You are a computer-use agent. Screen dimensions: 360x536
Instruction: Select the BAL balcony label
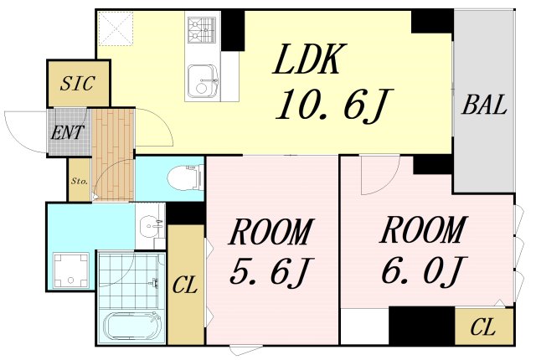pos(484,105)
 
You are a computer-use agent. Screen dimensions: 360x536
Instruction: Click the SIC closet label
pos(78,84)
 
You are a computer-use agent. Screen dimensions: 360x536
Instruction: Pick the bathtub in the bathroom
pos(133,327)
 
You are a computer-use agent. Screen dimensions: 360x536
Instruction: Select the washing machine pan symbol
pos(71,270)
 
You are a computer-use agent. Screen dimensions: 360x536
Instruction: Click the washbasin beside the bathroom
pos(152,225)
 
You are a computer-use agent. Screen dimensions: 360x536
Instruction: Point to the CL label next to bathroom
pos(185,285)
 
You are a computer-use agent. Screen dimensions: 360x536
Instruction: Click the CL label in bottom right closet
pos(482,326)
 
